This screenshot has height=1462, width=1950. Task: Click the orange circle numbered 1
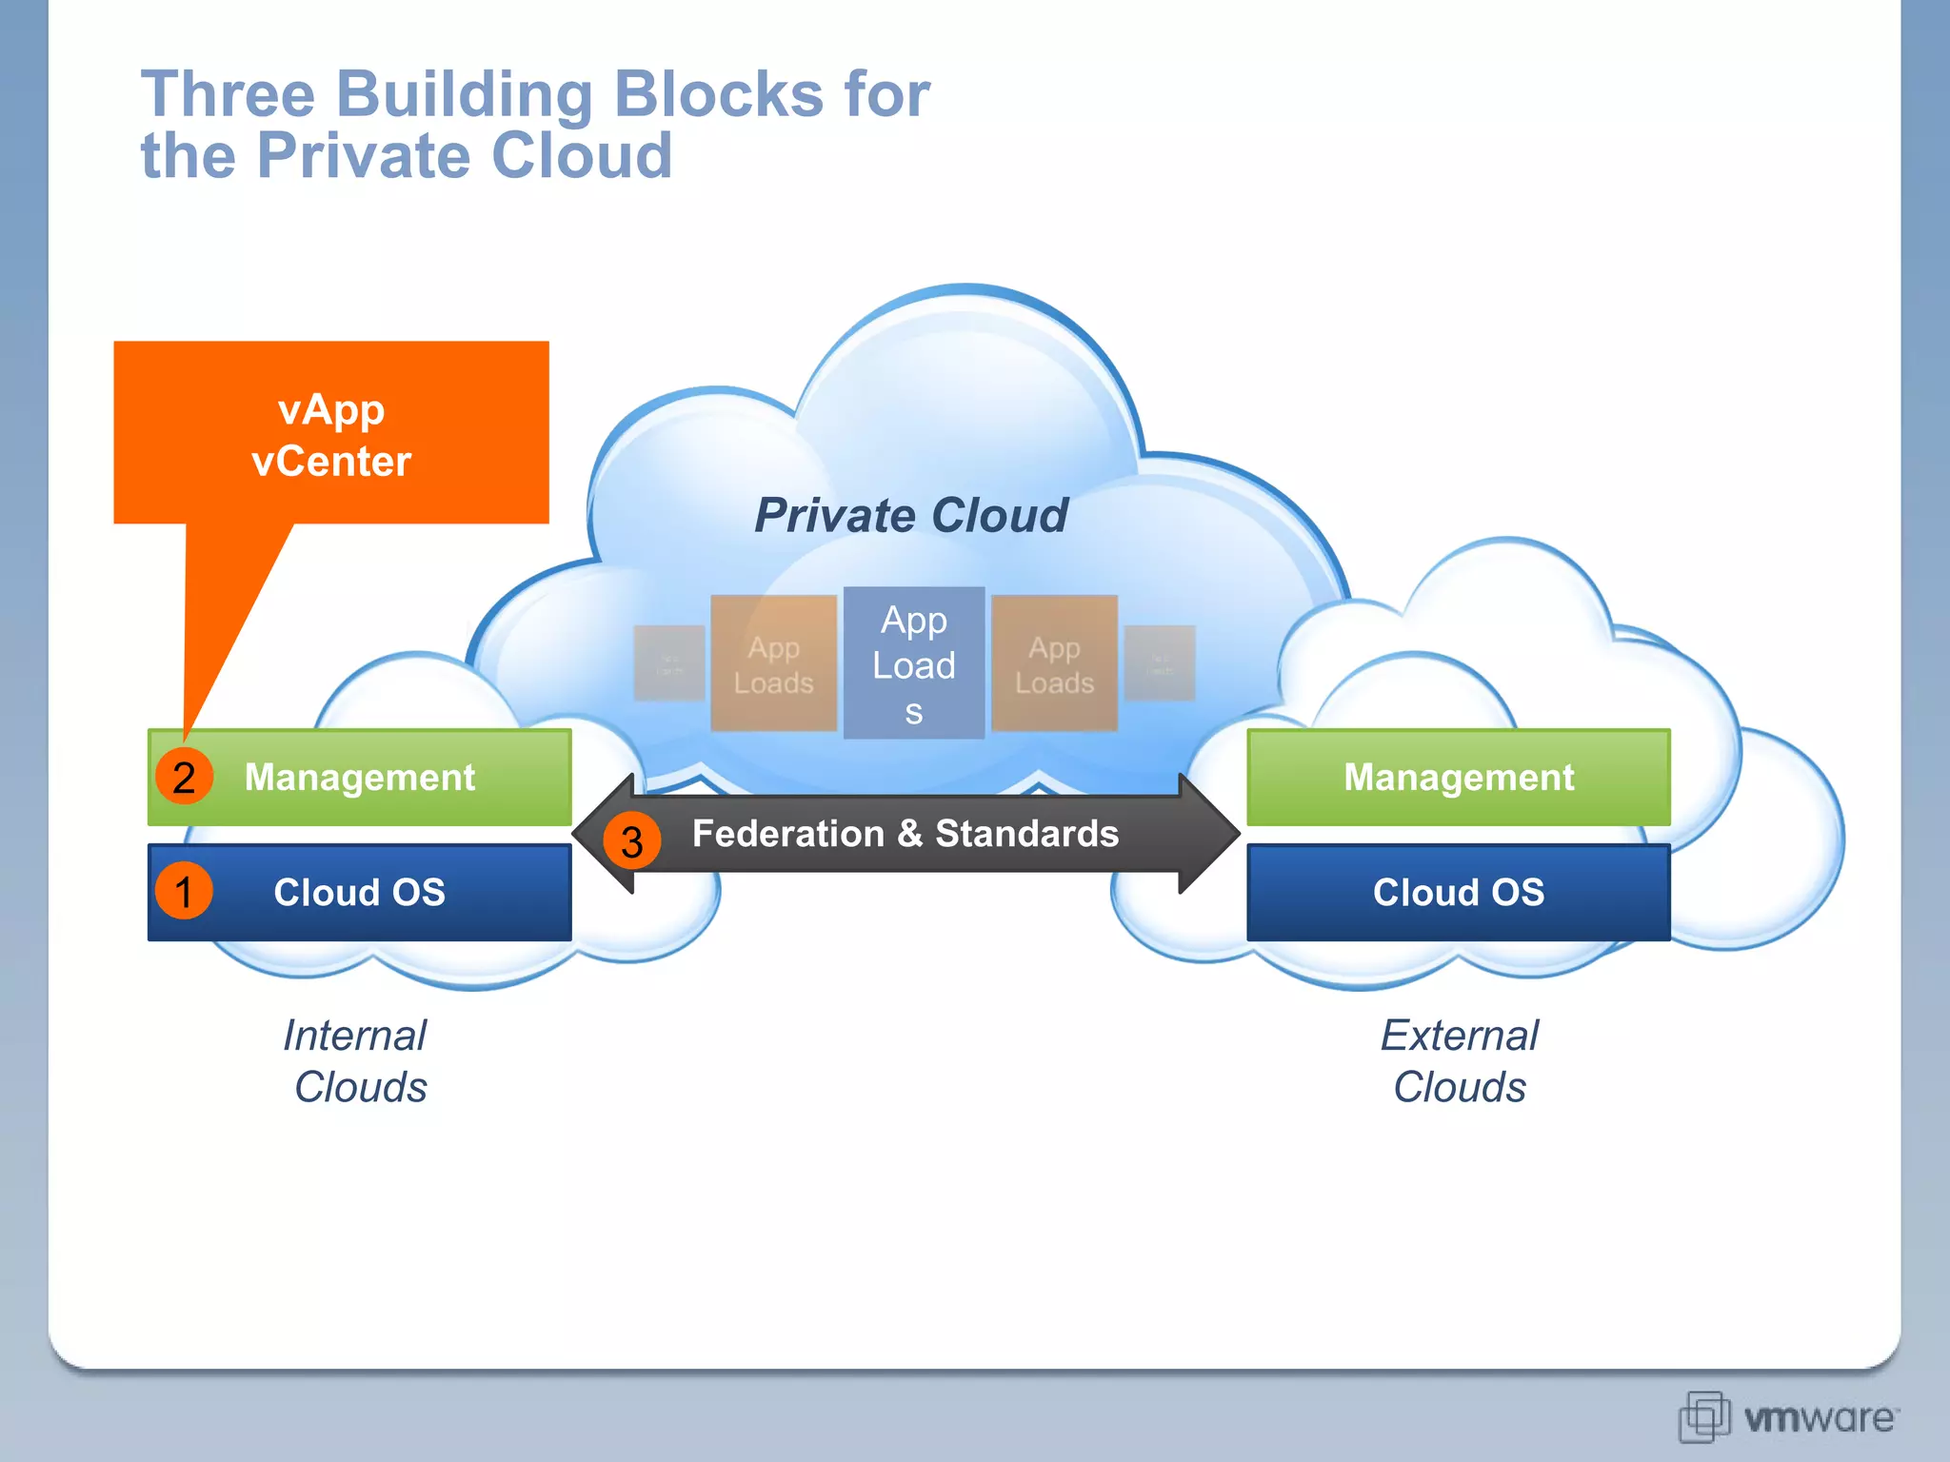click(x=184, y=892)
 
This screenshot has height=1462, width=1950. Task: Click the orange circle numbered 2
click(x=184, y=777)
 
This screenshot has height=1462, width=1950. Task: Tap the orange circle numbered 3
click(x=631, y=840)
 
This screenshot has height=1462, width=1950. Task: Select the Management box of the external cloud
click(x=1458, y=777)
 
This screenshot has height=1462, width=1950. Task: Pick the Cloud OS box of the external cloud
click(x=1458, y=892)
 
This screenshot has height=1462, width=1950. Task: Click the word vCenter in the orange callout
click(x=330, y=462)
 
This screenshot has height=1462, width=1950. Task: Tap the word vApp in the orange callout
click(x=330, y=410)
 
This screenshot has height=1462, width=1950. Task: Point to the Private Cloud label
click(x=910, y=515)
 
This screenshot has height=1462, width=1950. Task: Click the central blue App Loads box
click(x=913, y=663)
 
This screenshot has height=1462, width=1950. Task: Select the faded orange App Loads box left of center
click(x=773, y=663)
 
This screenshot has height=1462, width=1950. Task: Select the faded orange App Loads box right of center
click(x=1054, y=663)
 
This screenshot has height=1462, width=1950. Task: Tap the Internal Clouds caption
click(x=357, y=1060)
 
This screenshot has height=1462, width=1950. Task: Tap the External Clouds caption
click(x=1459, y=1060)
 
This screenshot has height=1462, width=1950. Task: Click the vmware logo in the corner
click(x=1788, y=1417)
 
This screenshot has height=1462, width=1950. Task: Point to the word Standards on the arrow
click(x=1026, y=834)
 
